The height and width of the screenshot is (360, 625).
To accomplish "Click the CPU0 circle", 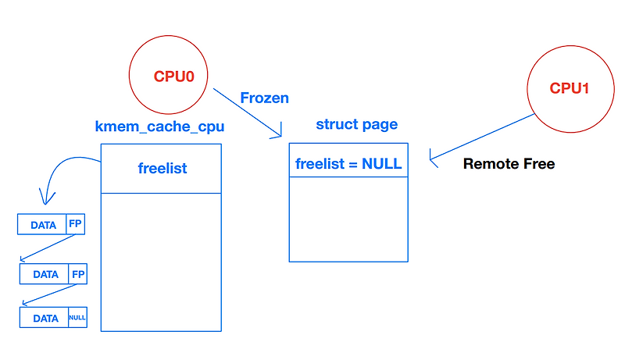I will click(x=173, y=76).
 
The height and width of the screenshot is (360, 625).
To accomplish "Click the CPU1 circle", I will click(x=569, y=87).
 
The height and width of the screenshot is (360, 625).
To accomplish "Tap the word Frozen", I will click(x=264, y=98).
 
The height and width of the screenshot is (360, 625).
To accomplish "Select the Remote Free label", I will click(x=509, y=164).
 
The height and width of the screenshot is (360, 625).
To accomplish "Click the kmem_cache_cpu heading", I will click(x=159, y=126).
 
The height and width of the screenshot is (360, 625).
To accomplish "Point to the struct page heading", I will click(x=356, y=124).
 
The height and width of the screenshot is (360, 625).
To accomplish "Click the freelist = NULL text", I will click(x=348, y=163).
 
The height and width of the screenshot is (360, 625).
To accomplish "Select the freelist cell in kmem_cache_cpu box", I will click(x=162, y=168).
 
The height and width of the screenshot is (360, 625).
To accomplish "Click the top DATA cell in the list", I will click(x=43, y=225).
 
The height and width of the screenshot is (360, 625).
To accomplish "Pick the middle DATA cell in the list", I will click(x=45, y=274).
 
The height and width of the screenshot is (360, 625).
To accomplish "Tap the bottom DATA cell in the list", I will click(x=44, y=318).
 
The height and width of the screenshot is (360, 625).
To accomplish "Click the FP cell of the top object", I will click(x=75, y=225).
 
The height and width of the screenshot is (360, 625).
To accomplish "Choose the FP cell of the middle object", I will click(x=77, y=274).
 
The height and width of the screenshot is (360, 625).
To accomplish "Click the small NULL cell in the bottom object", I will click(x=77, y=318).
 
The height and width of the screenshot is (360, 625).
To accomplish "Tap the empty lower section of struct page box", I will click(x=348, y=219).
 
